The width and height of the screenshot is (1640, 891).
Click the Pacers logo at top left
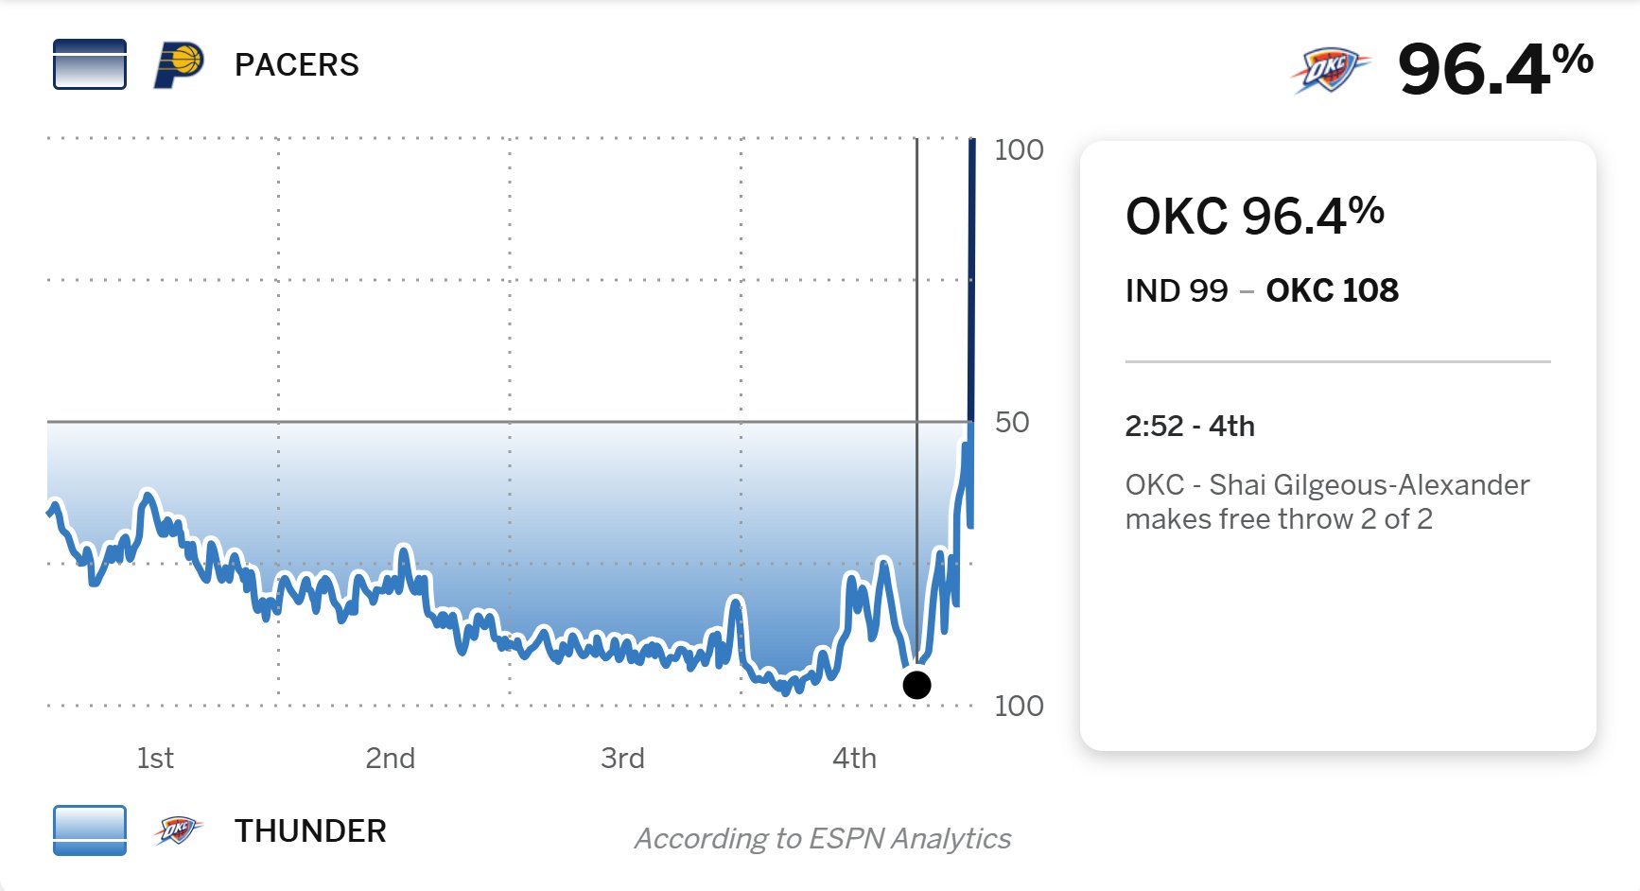pyautogui.click(x=179, y=65)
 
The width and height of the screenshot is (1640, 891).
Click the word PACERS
pyautogui.click(x=296, y=65)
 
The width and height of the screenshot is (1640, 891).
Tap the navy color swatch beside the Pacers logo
pyautogui.click(x=90, y=64)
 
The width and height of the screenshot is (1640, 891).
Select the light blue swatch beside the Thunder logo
pyautogui.click(x=90, y=830)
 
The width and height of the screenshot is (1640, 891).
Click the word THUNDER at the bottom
pyautogui.click(x=310, y=830)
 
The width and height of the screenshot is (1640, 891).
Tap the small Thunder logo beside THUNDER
pyautogui.click(x=178, y=830)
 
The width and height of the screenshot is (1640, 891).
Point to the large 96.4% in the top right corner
pyautogui.click(x=1494, y=69)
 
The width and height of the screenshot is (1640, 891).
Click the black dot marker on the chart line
pyautogui.click(x=916, y=685)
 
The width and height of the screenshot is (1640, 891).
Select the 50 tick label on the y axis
pyautogui.click(x=1012, y=422)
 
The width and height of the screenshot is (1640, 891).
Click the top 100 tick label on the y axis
pyautogui.click(x=1019, y=149)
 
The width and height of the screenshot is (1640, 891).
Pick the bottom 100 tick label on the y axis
pyautogui.click(x=1019, y=706)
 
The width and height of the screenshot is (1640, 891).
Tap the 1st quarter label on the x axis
pyautogui.click(x=155, y=758)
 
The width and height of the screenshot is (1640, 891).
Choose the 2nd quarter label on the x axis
pyautogui.click(x=390, y=758)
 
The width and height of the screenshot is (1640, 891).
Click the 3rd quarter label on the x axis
pyautogui.click(x=622, y=758)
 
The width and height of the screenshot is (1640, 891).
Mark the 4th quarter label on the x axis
pyautogui.click(x=854, y=758)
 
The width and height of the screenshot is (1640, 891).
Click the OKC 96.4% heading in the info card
pyautogui.click(x=1254, y=216)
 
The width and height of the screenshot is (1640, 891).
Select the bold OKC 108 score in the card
pyautogui.click(x=1332, y=290)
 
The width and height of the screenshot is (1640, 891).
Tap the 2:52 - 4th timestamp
pyautogui.click(x=1189, y=426)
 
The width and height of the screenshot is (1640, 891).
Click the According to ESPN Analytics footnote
pyautogui.click(x=822, y=838)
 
